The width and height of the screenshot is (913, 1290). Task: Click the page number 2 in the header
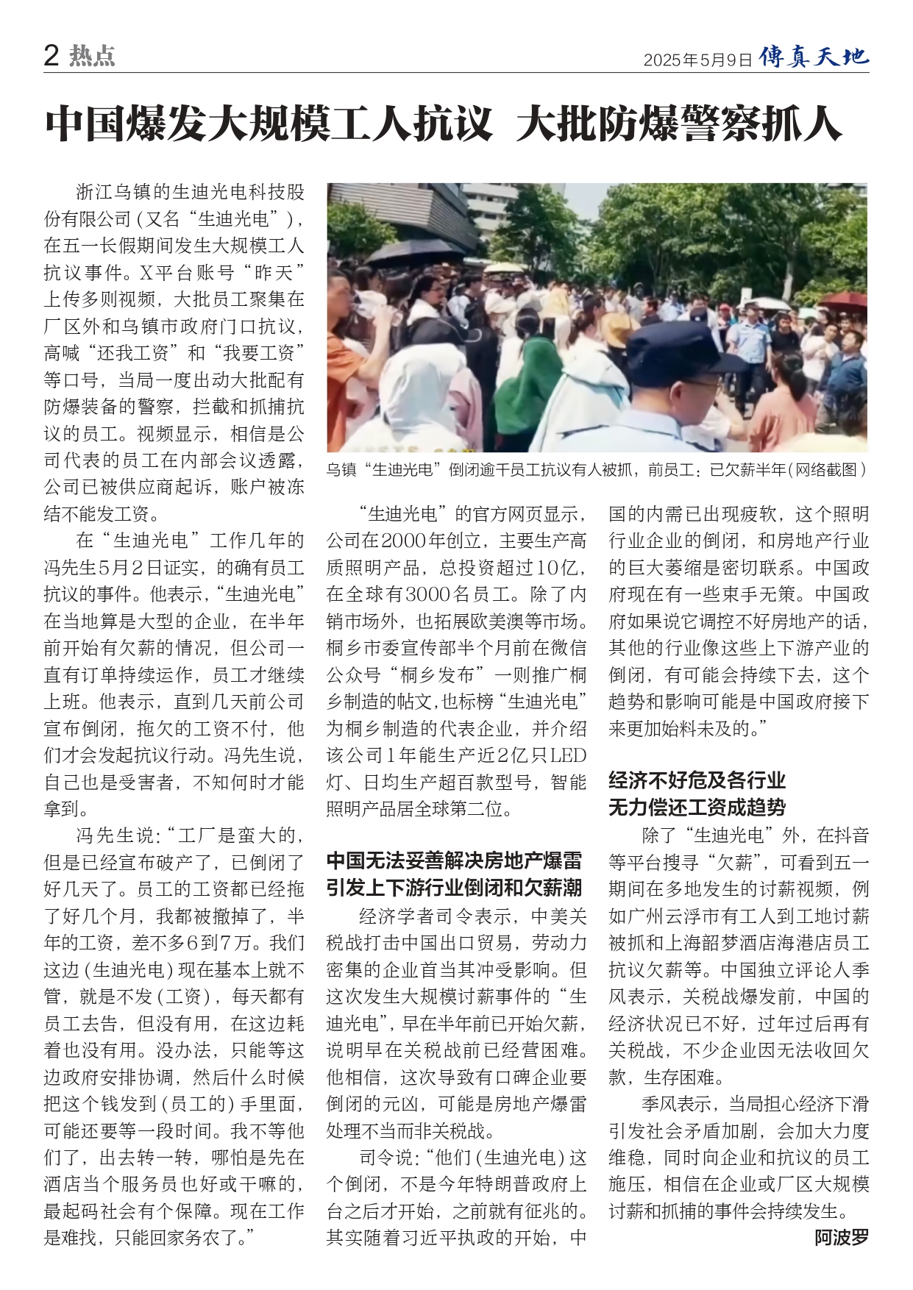click(51, 56)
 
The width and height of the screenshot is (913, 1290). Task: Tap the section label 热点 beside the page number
click(93, 56)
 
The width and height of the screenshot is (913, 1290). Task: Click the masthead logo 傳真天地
click(814, 56)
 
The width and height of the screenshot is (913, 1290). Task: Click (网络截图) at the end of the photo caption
click(827, 469)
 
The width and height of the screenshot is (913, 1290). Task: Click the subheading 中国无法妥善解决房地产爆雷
click(454, 860)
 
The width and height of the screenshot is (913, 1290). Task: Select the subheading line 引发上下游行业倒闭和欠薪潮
click(454, 888)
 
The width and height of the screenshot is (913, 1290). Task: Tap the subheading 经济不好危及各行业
click(697, 780)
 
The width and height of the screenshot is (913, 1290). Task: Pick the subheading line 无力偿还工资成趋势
click(697, 807)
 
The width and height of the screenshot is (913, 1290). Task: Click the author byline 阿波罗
click(841, 1238)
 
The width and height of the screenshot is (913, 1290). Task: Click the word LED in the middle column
click(569, 755)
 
